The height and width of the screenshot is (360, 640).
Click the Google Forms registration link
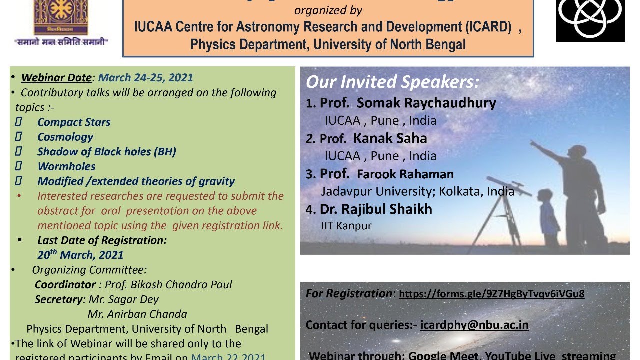pos(491,294)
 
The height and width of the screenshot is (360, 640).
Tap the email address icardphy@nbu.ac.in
pos(474,325)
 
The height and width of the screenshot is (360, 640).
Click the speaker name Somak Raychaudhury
pos(426,103)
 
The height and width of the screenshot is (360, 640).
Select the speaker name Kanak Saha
pos(390,138)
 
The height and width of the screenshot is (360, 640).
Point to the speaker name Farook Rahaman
pos(405,174)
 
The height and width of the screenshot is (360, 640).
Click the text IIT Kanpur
pos(346,226)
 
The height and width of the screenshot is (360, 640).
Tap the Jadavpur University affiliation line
pos(417,191)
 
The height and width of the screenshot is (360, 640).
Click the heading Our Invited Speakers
pos(392,82)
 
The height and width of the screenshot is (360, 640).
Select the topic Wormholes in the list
pos(66,166)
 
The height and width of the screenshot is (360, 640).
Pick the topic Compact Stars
pos(74,122)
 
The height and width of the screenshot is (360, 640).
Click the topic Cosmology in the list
pos(65,137)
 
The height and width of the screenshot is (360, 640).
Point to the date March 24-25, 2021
pos(145,78)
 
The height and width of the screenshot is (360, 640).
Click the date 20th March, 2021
pos(80,255)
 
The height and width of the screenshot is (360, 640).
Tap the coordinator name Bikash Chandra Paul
pos(182,284)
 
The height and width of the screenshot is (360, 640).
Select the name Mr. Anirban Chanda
pos(137,314)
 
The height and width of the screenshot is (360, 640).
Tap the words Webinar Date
pos(56,78)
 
